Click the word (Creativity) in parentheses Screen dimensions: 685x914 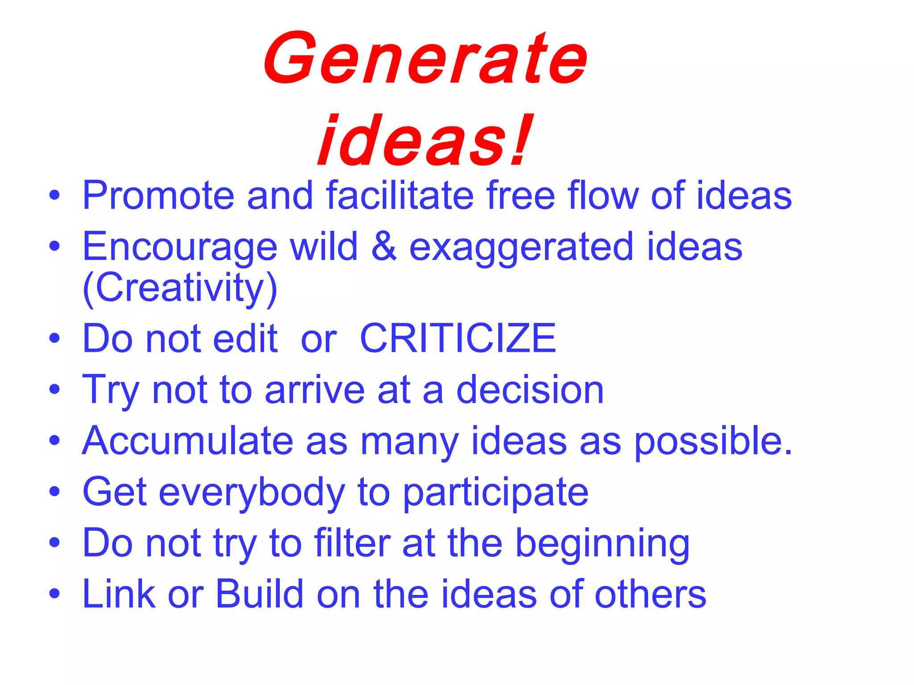(180, 289)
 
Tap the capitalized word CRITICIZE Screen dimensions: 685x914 (458, 339)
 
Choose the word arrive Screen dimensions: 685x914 (315, 390)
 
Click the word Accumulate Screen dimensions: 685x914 (188, 441)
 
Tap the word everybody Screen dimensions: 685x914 (252, 493)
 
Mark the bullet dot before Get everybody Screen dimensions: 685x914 (54, 492)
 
